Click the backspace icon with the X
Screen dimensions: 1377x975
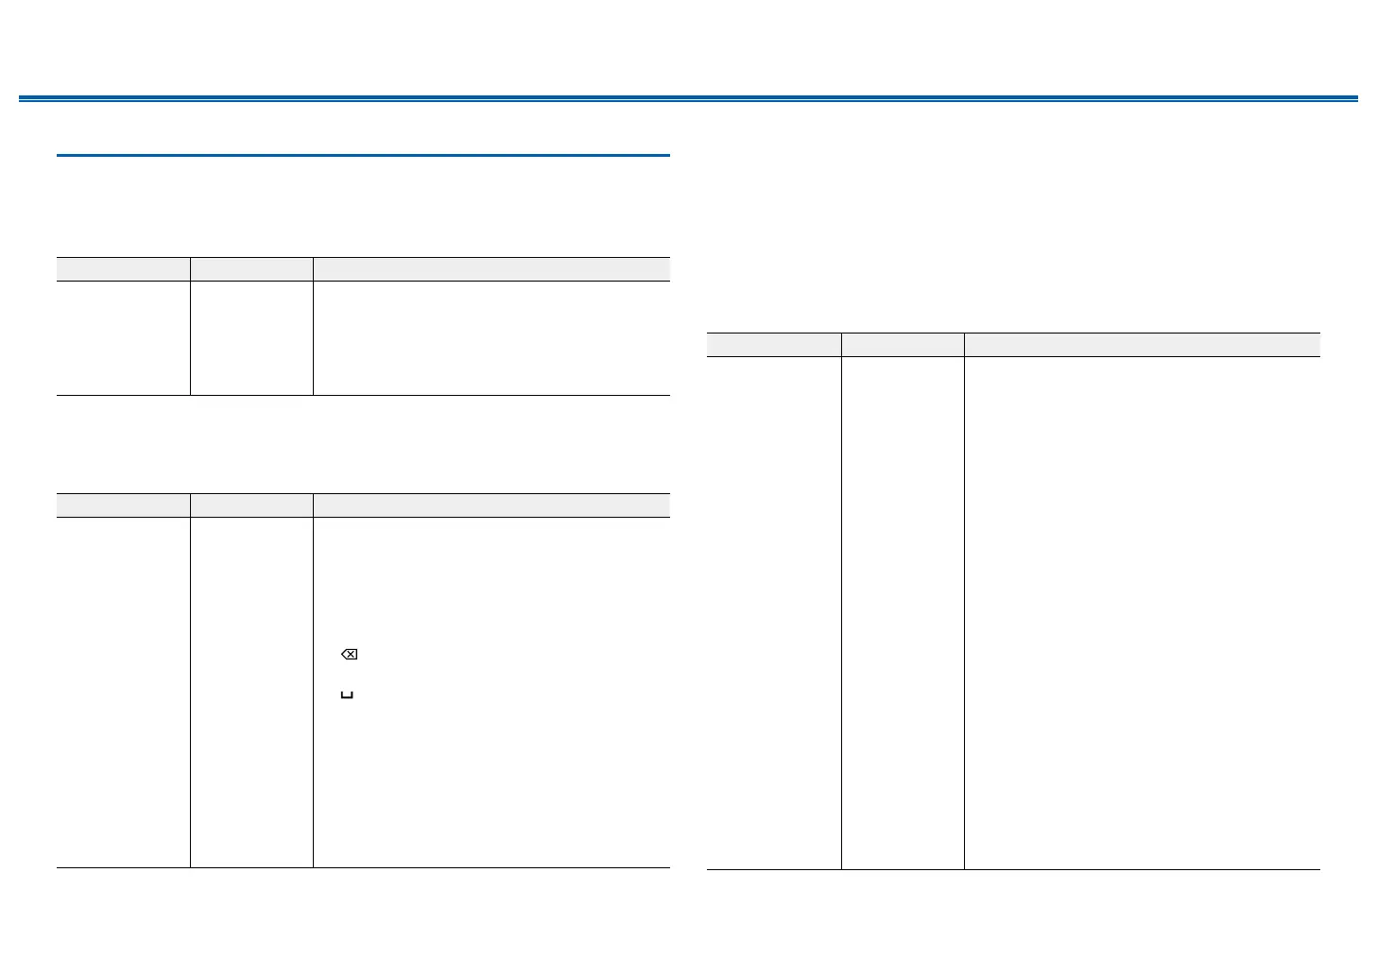tap(349, 655)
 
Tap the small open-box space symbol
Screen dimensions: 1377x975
tap(347, 695)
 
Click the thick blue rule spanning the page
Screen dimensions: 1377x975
tap(688, 98)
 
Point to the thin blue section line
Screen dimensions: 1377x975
tap(363, 155)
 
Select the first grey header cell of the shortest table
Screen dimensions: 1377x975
tap(123, 269)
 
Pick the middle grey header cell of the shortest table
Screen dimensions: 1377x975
tap(251, 269)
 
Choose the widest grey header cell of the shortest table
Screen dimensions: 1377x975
tap(491, 269)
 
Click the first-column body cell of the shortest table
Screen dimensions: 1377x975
tap(123, 337)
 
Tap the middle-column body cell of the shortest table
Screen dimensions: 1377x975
tap(251, 337)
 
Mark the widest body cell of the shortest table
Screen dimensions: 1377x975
tap(491, 337)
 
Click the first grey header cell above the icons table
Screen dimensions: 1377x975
tap(123, 505)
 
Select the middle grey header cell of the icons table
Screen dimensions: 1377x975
tap(251, 505)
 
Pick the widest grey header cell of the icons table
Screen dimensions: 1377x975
tap(491, 505)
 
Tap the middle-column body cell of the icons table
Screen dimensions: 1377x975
tap(251, 692)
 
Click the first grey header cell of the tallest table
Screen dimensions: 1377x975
tap(774, 345)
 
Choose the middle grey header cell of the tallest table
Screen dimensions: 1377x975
tap(903, 345)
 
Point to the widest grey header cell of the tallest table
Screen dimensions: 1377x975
tap(1142, 345)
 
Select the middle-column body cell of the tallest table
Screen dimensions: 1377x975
tap(903, 612)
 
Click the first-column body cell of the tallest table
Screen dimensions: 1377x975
tap(774, 612)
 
